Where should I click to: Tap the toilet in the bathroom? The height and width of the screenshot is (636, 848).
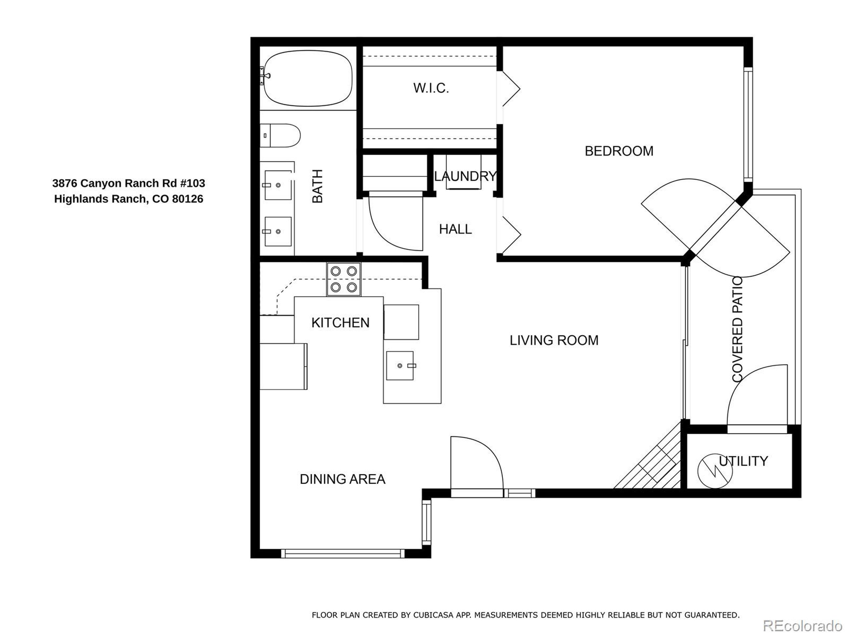coord(282,135)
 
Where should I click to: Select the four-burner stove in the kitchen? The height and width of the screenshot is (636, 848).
coord(344,279)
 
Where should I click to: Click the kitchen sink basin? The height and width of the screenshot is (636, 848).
coord(399,366)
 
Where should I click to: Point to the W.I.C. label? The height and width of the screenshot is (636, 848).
coord(431,88)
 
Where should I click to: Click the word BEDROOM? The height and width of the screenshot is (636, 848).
coord(619,151)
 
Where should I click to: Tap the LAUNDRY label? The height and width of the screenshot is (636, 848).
coord(465,176)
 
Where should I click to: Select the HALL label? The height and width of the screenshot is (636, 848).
coord(455,229)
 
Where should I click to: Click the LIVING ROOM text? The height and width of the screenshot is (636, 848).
coord(554,341)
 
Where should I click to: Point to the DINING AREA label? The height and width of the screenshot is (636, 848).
coord(342,479)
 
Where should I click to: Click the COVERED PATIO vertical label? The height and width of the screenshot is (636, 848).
coord(738,330)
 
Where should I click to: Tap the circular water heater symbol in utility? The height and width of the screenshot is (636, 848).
coord(715,471)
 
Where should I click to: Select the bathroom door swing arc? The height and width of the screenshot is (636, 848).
coord(391,230)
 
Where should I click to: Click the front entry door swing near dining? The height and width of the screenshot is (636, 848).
coord(479,460)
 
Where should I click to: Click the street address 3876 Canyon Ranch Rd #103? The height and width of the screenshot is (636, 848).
coord(129,183)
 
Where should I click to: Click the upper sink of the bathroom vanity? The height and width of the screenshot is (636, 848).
coord(278,185)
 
